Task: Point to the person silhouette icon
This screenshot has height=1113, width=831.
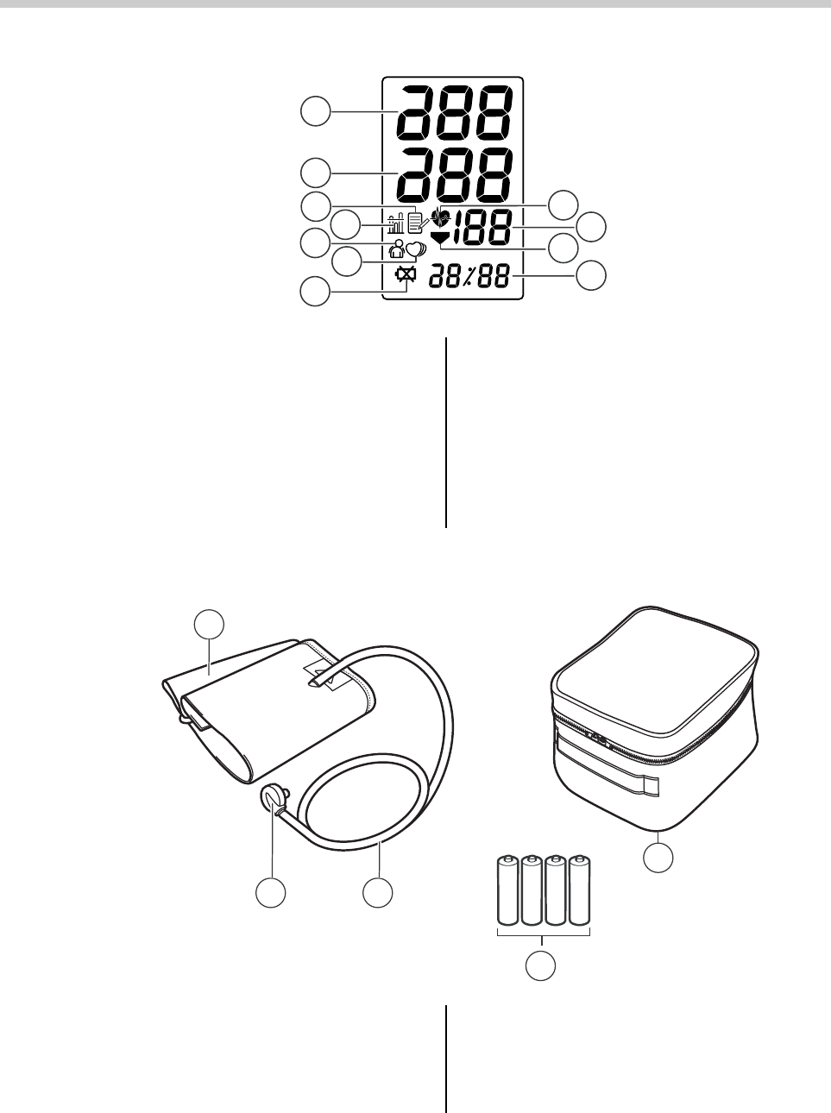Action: click(398, 249)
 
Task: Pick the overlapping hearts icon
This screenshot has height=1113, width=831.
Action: click(415, 250)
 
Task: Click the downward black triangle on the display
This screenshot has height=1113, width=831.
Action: click(440, 238)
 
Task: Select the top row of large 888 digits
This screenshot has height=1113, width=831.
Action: click(453, 114)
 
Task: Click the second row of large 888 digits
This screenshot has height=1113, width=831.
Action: click(453, 176)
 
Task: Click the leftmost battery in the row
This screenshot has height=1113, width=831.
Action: click(507, 890)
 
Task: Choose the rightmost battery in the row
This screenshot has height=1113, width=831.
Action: click(580, 890)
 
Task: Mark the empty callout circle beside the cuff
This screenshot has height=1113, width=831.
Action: click(207, 624)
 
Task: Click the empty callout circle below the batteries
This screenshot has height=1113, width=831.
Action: click(541, 966)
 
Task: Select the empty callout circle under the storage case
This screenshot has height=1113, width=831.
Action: click(658, 858)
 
